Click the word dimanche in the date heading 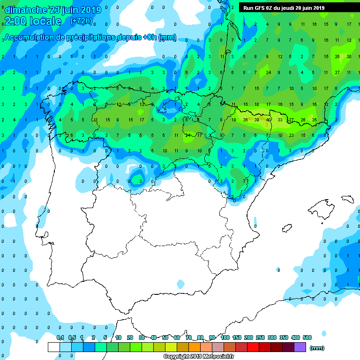pyautogui.click(x=26, y=10)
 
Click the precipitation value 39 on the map pyautogui.click(x=256, y=120)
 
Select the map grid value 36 pyautogui.click(x=245, y=120)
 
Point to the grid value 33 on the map pyautogui.click(x=280, y=120)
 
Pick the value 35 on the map pyautogui.click(x=315, y=120)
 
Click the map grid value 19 pyautogui.click(x=233, y=120)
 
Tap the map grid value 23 pyautogui.click(x=291, y=135)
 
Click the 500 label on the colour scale pyautogui.click(x=307, y=337)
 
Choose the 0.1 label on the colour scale pyautogui.click(x=60, y=337)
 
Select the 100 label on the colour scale pyautogui.click(x=225, y=337)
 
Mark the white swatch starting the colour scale pyautogui.click(x=53, y=347)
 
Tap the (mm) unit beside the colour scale pyautogui.click(x=317, y=347)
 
